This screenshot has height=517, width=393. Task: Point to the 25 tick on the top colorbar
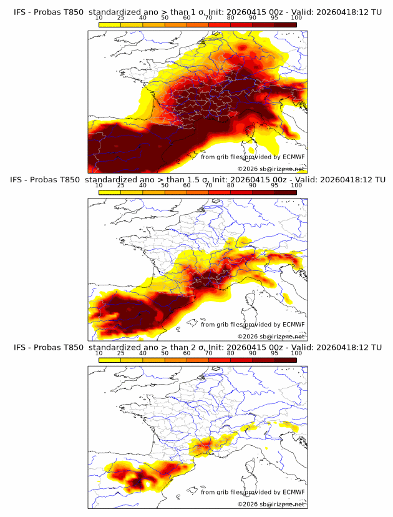click(x=120, y=18)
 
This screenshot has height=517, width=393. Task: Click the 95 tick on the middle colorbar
click(x=274, y=185)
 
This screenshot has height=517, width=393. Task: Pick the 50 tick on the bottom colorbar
click(x=165, y=353)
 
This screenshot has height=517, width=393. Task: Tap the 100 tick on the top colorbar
click(x=296, y=18)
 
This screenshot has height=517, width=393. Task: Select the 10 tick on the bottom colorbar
click(x=99, y=353)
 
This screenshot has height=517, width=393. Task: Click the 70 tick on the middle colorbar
click(x=209, y=185)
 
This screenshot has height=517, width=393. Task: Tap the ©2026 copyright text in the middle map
click(x=245, y=336)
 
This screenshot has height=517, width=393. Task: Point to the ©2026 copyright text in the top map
click(x=245, y=169)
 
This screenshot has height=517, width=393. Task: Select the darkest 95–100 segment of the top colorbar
click(x=285, y=24)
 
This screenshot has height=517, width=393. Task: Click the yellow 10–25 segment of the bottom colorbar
click(x=110, y=360)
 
